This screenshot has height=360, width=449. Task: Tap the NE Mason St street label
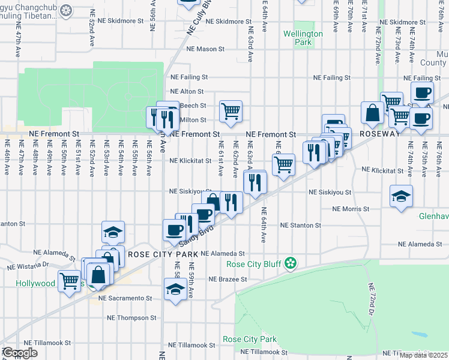(x=205, y=49)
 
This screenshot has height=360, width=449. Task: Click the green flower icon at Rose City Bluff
(x=291, y=263)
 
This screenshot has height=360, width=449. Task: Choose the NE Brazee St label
(x=228, y=280)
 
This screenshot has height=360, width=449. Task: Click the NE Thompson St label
(x=131, y=318)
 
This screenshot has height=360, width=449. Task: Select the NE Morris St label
(x=351, y=209)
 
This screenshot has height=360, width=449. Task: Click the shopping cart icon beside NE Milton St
(x=231, y=110)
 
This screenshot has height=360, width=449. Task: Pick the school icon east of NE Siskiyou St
(x=401, y=196)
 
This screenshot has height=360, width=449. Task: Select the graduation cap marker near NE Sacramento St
(x=175, y=290)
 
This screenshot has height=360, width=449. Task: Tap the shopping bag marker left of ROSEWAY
(x=372, y=112)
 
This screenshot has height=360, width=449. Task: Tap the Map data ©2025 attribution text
(x=424, y=355)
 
